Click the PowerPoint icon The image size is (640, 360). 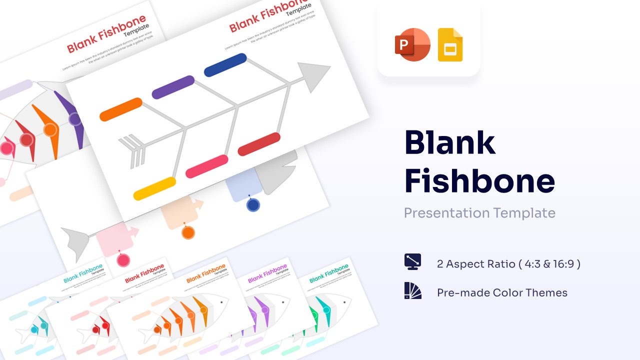click(412, 45)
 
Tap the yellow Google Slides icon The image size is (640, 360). click(450, 45)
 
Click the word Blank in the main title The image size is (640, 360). click(449, 142)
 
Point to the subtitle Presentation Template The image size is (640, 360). click(479, 213)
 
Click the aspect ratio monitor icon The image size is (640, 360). click(412, 261)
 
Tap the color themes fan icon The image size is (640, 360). click(412, 291)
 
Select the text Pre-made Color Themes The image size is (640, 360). click(502, 293)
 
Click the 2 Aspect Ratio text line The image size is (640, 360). click(508, 263)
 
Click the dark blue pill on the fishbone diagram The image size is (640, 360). click(225, 65)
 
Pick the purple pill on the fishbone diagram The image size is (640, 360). click(173, 87)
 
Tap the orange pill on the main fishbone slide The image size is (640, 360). click(121, 109)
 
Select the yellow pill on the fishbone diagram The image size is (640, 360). click(154, 188)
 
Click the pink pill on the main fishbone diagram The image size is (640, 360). click(207, 166)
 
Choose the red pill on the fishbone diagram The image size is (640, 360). click(259, 144)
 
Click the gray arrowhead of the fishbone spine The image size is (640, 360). click(312, 76)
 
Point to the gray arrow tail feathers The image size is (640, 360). click(132, 150)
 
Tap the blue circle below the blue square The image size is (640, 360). click(253, 205)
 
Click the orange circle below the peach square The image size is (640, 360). click(188, 232)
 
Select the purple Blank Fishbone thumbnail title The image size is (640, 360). click(267, 273)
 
